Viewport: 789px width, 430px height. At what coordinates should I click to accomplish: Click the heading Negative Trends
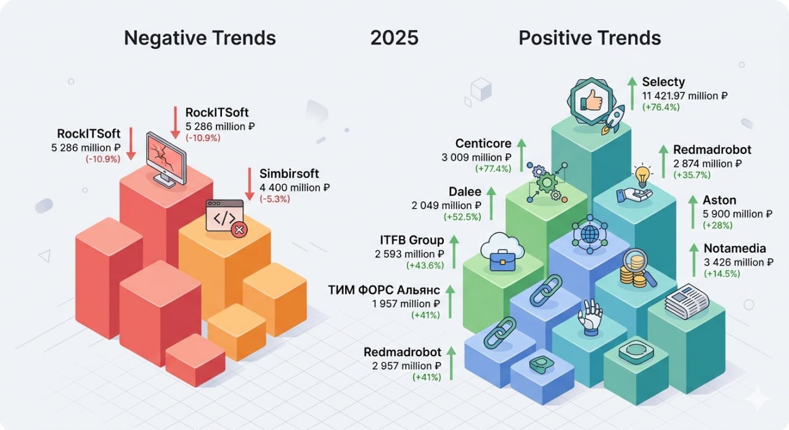200,38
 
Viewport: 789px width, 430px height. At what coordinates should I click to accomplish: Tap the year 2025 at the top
394,38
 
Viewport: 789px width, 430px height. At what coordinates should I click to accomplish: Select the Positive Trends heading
590,38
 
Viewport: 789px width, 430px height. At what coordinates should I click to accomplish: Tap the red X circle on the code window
239,230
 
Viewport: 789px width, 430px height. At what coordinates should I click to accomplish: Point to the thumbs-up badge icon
591,101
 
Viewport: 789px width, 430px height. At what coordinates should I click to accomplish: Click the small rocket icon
613,120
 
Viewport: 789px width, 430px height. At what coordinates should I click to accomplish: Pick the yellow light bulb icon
642,176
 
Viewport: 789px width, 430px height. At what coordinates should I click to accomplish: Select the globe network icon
590,234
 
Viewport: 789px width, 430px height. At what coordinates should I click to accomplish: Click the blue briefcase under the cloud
502,261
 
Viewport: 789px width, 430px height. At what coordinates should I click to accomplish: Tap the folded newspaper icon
687,301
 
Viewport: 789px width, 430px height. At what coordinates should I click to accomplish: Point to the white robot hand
591,317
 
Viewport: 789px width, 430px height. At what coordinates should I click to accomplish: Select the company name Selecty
663,82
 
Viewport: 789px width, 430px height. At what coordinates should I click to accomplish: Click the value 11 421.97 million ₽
684,95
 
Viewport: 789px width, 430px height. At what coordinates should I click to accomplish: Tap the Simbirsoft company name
289,174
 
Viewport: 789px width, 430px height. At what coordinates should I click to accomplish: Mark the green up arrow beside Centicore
521,155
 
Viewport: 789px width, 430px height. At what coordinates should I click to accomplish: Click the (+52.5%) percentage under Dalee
462,217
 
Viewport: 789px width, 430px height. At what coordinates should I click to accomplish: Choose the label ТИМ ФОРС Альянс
384,290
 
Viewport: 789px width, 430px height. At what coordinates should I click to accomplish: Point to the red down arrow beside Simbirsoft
250,184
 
